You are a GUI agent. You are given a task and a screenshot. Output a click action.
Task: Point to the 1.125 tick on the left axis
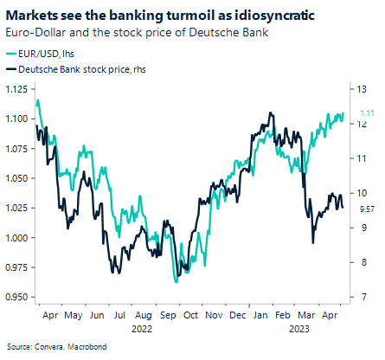point(16,89)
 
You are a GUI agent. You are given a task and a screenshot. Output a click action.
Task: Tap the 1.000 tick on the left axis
point(16,238)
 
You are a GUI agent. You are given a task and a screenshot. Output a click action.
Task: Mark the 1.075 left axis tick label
point(16,149)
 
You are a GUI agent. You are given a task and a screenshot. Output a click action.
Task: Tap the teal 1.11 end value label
point(367,113)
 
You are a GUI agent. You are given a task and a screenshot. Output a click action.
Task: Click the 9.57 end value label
point(367,209)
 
